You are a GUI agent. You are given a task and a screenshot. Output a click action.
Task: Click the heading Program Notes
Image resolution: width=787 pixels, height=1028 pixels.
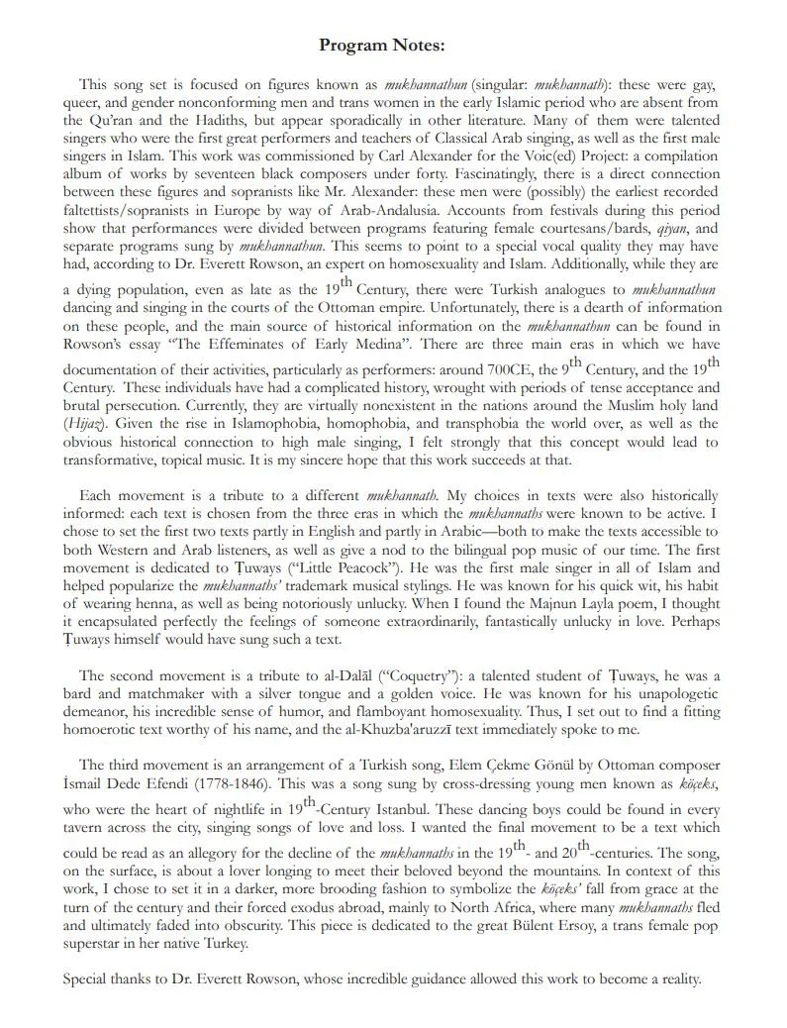click(382, 46)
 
